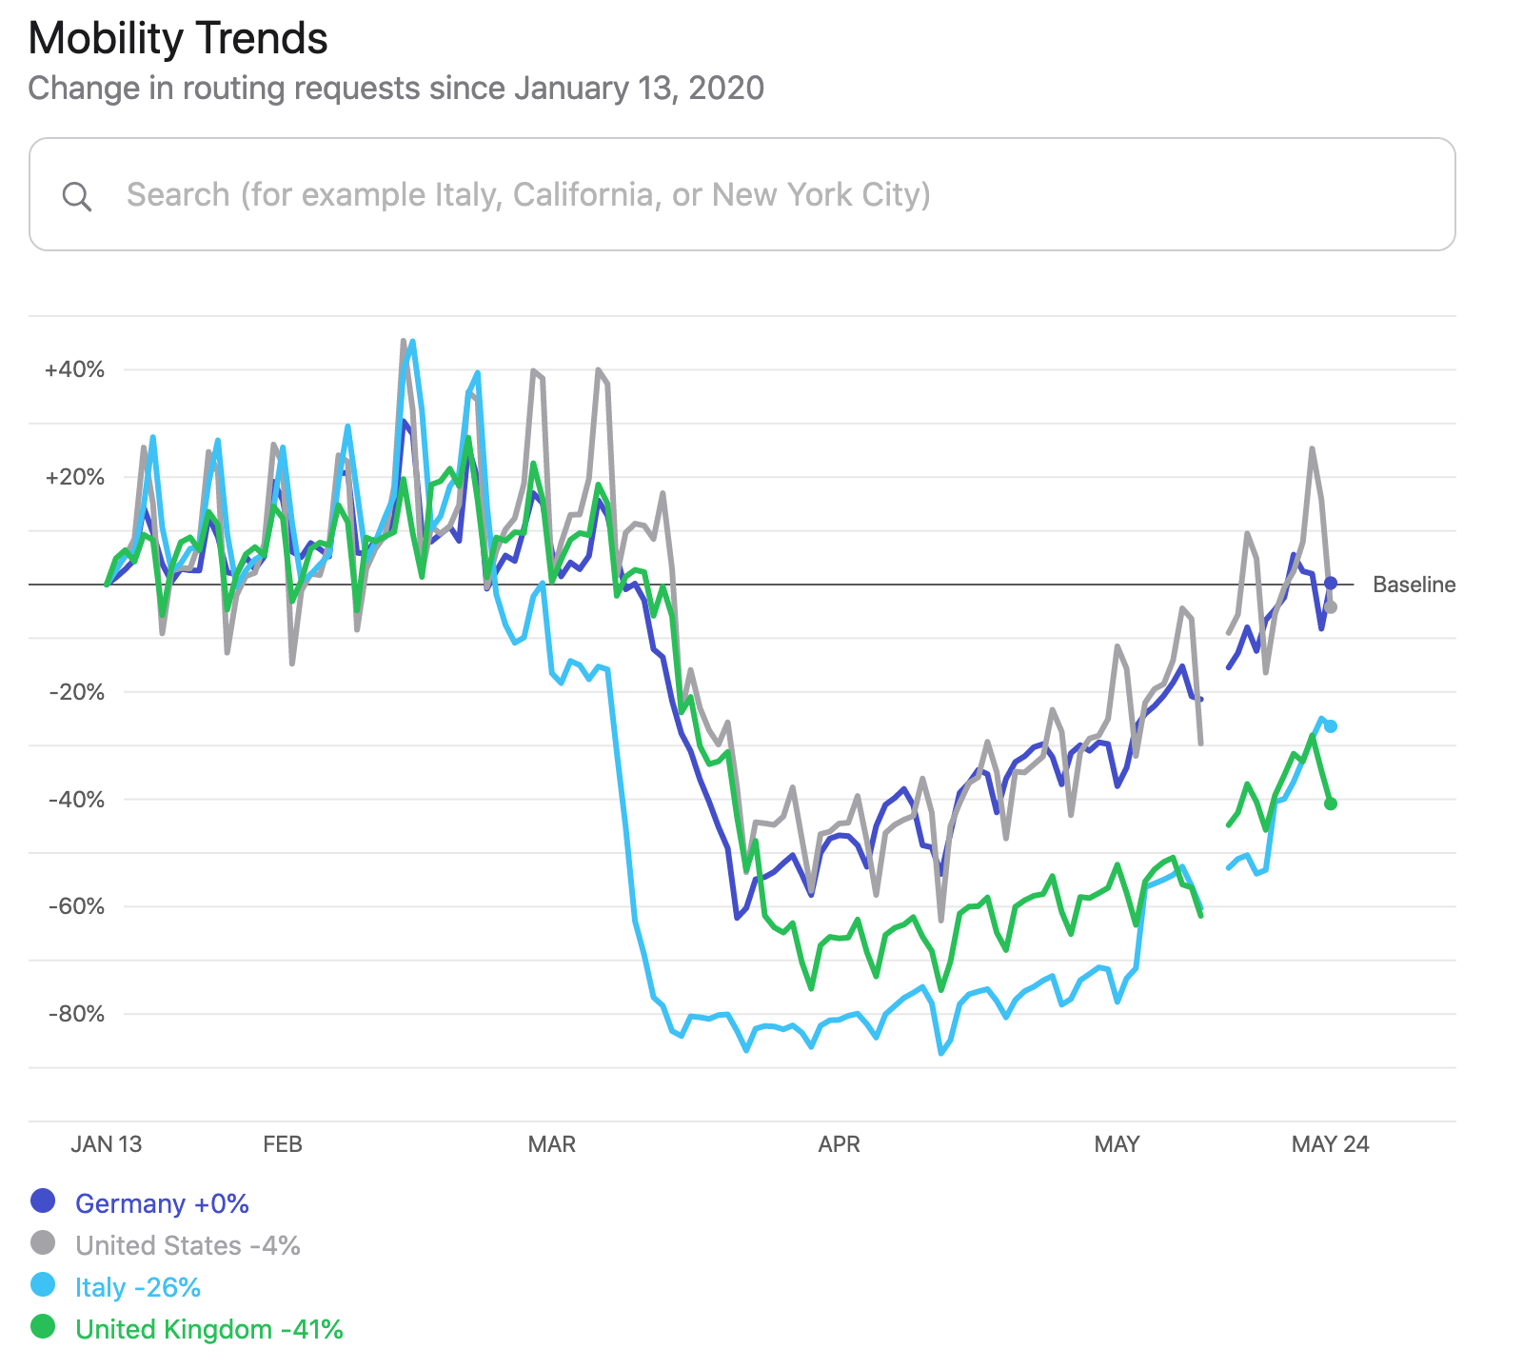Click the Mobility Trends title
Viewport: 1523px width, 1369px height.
pos(178,39)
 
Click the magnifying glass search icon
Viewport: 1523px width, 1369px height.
pos(77,197)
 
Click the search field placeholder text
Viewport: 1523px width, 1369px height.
pos(528,195)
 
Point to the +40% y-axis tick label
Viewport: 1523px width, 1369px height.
pos(74,369)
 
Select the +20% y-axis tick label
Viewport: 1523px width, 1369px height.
pos(74,477)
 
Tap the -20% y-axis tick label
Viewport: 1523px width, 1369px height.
pos(76,692)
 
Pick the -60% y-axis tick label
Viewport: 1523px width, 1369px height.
pos(76,906)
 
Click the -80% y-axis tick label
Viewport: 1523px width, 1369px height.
pos(76,1014)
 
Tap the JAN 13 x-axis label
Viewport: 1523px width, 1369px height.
pos(106,1144)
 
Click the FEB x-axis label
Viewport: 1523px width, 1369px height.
pos(283,1144)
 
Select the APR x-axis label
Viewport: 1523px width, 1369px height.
pos(839,1144)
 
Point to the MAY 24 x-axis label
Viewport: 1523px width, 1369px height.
pos(1330,1144)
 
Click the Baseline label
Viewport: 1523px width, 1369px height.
pos(1414,585)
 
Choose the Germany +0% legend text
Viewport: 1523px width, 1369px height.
pos(162,1204)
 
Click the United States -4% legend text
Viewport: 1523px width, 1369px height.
pos(188,1246)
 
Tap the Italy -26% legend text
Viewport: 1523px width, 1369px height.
pos(138,1288)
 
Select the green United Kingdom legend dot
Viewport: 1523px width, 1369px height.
pos(43,1327)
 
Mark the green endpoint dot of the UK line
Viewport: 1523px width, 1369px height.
pos(1331,804)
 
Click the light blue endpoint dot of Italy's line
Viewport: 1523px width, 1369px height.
pos(1331,726)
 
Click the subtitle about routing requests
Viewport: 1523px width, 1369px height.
pos(396,89)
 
